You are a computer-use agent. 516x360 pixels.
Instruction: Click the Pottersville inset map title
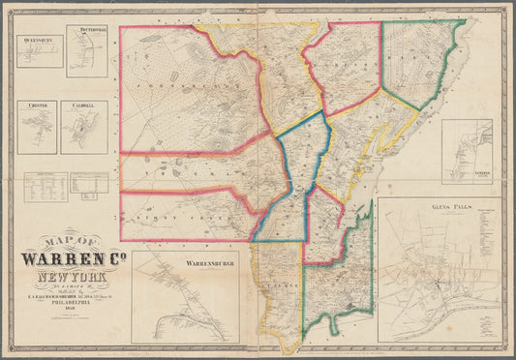(86, 31)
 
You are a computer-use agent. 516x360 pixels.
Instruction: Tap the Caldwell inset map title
(82, 105)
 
